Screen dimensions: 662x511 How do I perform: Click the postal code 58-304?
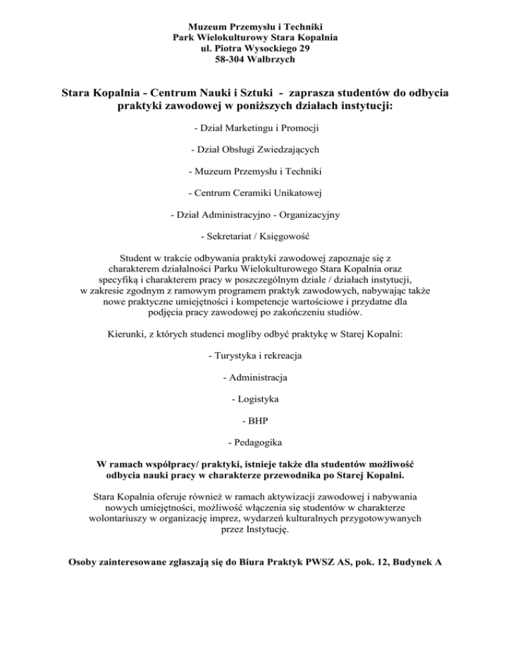coord(232,60)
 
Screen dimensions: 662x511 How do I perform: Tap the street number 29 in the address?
coord(303,49)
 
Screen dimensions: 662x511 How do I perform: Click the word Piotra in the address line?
coord(230,49)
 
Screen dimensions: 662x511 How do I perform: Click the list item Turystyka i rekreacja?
coord(255,356)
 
